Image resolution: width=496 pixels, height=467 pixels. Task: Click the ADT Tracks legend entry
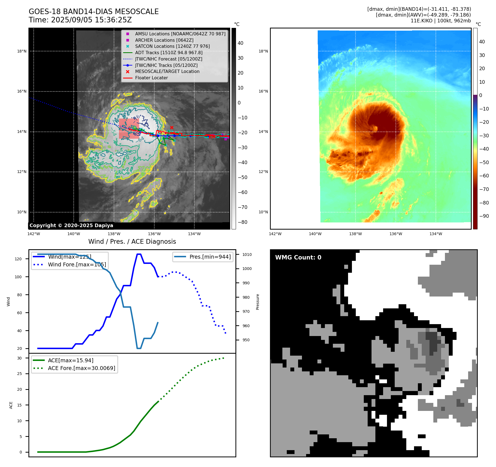[x=169, y=53]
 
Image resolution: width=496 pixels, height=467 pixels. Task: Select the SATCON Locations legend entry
[x=172, y=46]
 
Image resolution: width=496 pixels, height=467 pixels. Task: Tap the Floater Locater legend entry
[x=151, y=78]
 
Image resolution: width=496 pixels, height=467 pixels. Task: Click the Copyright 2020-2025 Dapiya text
[x=71, y=225]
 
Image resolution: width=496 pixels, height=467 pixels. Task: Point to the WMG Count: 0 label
[x=298, y=257]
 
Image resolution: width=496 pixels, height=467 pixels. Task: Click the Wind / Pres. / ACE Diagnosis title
[x=132, y=242]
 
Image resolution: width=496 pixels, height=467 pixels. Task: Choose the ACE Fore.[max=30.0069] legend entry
[x=81, y=368]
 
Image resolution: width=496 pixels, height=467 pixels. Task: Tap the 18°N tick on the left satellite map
[x=22, y=51]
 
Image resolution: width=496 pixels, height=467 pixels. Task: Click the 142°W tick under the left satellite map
[x=34, y=234]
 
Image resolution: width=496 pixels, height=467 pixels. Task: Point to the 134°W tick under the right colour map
[x=436, y=234]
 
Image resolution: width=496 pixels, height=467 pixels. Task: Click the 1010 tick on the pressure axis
[x=247, y=255]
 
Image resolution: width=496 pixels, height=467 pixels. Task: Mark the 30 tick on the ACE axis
[x=19, y=358]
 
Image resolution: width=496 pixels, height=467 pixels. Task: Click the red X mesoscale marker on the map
[x=172, y=127]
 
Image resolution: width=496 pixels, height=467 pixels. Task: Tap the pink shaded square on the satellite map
[x=129, y=128]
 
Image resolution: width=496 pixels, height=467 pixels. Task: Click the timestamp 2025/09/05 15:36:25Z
[x=91, y=20]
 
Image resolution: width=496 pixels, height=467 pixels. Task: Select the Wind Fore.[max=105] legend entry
[x=77, y=264]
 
